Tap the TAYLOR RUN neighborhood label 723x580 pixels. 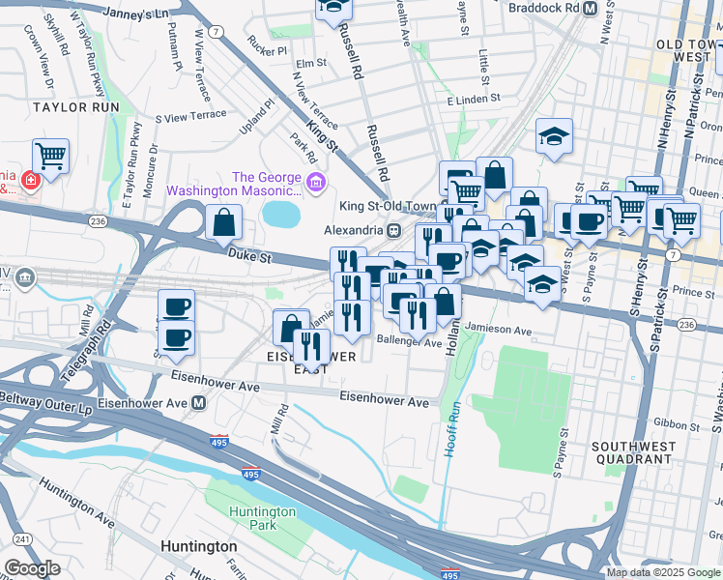click(68, 106)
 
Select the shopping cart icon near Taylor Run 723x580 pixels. click(50, 156)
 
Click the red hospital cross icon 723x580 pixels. click(30, 181)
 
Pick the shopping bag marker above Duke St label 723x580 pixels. click(223, 222)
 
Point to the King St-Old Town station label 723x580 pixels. click(383, 205)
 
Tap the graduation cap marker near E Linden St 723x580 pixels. click(554, 137)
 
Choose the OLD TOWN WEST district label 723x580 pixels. click(688, 51)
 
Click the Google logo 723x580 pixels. click(32, 568)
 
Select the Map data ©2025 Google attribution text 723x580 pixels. click(663, 572)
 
